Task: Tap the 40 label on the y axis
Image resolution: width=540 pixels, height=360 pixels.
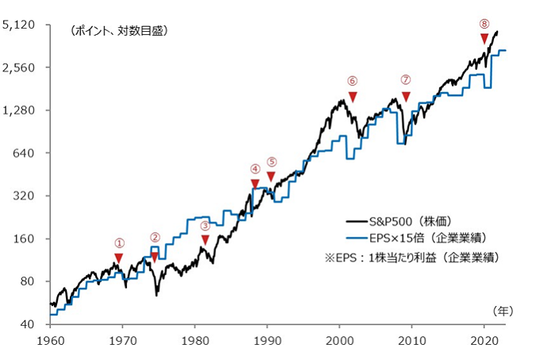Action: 27,325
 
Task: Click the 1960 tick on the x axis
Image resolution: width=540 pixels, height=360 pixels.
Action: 50,340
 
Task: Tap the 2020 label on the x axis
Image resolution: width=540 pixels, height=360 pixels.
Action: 484,340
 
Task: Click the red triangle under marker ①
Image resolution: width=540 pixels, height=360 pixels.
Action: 118,258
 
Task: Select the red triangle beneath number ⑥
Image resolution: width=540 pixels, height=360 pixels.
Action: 353,96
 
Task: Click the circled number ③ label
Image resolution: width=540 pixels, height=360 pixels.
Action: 205,225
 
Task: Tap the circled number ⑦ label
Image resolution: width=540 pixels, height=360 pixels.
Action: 406,80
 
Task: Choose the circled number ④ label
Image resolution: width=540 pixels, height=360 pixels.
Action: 255,168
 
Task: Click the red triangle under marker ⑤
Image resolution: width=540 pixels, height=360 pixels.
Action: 271,176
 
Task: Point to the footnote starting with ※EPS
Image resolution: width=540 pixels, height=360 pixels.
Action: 408,257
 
